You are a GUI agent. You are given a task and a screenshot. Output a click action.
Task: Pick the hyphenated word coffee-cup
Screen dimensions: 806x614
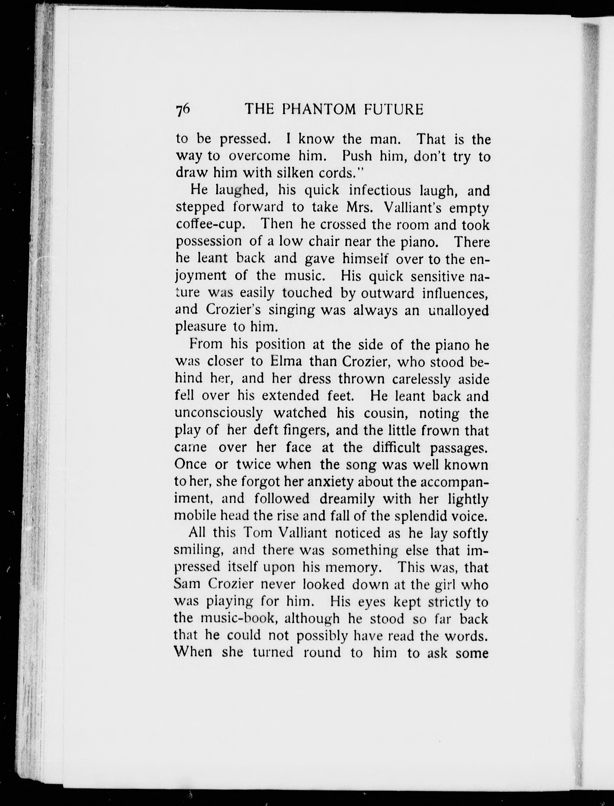(210, 224)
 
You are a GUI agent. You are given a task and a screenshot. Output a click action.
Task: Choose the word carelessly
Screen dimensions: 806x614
(421, 379)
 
